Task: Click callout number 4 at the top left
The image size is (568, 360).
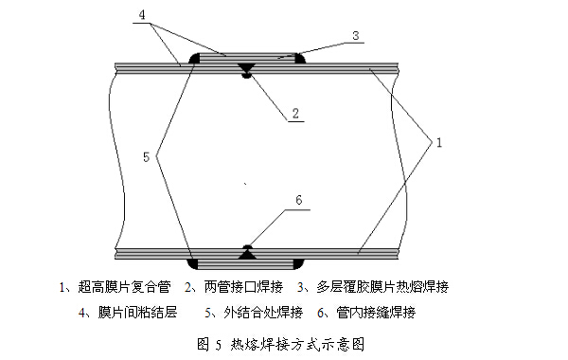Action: click(142, 15)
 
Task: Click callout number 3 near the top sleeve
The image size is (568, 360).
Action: click(355, 35)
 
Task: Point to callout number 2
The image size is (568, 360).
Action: click(295, 113)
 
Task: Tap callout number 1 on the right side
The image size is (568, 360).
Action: click(439, 142)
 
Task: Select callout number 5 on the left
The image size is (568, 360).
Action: click(146, 157)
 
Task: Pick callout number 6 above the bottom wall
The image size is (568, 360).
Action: click(298, 200)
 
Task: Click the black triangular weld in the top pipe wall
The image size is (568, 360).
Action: click(247, 68)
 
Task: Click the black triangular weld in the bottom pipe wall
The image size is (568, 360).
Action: click(247, 255)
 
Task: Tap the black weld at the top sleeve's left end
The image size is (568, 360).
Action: click(194, 59)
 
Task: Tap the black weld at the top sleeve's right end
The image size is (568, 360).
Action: click(300, 59)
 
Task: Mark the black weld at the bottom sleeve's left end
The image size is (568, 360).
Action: click(193, 264)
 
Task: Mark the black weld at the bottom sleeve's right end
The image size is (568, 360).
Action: click(298, 264)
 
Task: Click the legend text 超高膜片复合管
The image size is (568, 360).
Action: click(124, 287)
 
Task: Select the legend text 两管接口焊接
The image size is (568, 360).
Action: click(243, 287)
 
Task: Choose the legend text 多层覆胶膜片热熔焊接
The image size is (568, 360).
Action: click(382, 287)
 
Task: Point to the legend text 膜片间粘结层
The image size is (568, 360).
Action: click(137, 312)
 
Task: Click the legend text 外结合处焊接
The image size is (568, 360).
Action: click(263, 312)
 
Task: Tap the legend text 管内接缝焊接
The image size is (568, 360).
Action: click(376, 312)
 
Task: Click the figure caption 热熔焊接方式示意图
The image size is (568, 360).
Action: click(297, 344)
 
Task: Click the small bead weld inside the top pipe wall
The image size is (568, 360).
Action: click(247, 76)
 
